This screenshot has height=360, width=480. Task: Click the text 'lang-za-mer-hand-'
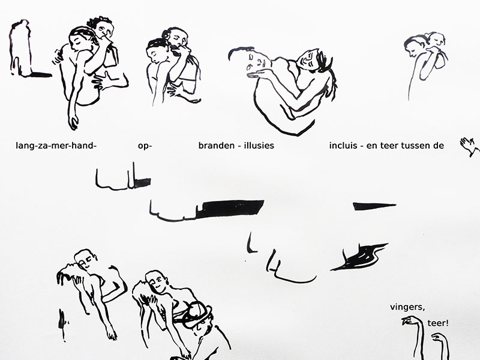click(x=56, y=146)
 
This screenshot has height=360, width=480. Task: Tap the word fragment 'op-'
click(x=145, y=146)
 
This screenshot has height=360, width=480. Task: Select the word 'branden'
click(x=217, y=145)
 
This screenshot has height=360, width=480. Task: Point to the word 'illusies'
click(x=259, y=145)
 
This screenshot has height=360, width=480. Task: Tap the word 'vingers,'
click(x=407, y=307)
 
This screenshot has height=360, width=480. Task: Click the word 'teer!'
click(x=438, y=323)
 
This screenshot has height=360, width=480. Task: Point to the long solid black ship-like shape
click(x=230, y=208)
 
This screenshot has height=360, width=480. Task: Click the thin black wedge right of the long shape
click(x=374, y=206)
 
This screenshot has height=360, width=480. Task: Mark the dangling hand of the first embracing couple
click(x=73, y=122)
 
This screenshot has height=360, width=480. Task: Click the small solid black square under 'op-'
click(x=143, y=182)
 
